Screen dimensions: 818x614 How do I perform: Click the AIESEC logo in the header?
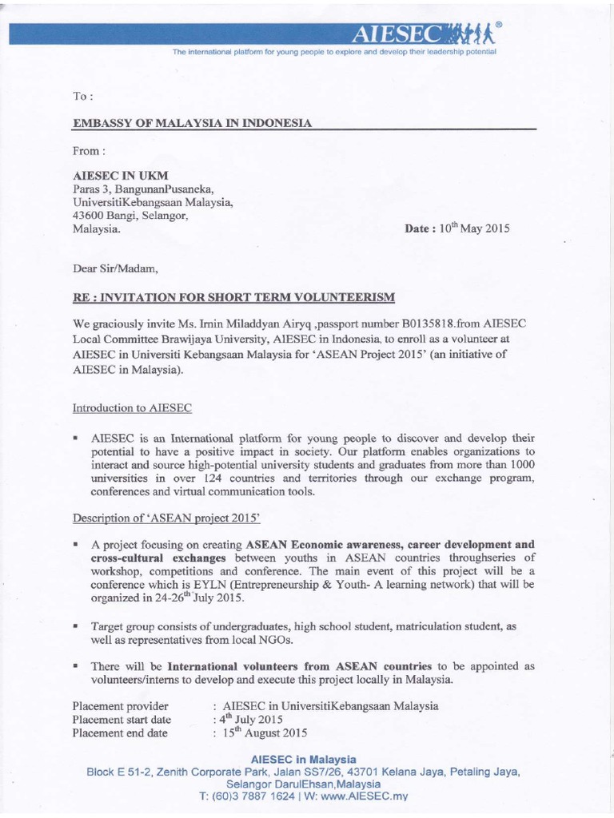pyautogui.click(x=423, y=33)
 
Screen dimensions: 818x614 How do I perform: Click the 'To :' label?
pyautogui.click(x=82, y=97)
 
